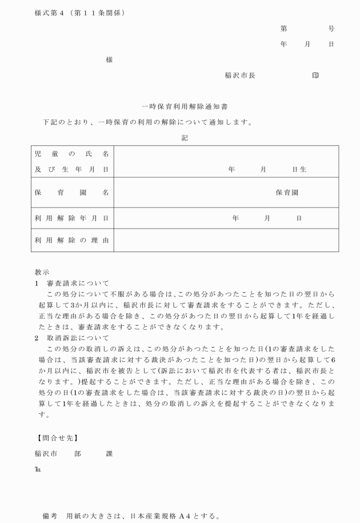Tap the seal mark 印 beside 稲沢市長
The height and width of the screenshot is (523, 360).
(x=315, y=75)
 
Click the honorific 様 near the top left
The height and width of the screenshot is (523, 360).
(x=109, y=59)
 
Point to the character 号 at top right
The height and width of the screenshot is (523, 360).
(x=331, y=29)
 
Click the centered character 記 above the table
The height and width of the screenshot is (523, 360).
(x=185, y=138)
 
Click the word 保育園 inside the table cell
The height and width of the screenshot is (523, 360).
(x=287, y=193)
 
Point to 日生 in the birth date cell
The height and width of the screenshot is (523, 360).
(x=299, y=170)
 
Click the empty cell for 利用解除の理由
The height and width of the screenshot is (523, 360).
(x=226, y=240)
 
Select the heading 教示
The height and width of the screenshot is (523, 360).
(x=42, y=273)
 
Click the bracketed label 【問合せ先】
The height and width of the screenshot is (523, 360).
(x=57, y=438)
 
